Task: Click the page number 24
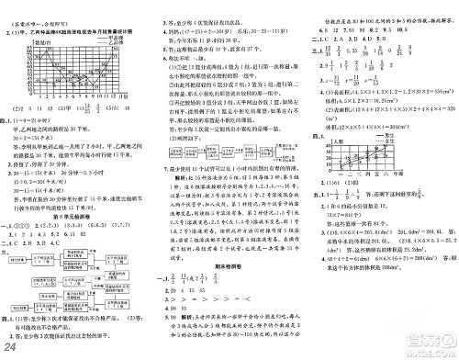coord(13,347)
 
